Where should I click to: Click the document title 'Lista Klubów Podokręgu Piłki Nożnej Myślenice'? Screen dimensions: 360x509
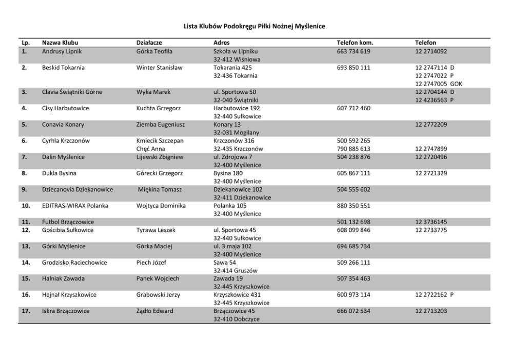click(254, 26)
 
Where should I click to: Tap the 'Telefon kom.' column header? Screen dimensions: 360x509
click(355, 43)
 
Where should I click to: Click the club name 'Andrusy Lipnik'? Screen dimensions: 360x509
click(62, 51)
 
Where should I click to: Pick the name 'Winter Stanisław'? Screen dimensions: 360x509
click(159, 68)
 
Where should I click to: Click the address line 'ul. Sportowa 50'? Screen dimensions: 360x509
click(234, 92)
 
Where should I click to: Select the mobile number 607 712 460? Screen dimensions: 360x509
click(353, 108)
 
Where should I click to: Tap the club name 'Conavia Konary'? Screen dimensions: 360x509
click(63, 125)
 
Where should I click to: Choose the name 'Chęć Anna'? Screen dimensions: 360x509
click(151, 149)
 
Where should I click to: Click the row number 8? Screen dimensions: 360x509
click(25, 173)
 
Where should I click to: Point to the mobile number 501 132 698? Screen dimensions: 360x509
click(353, 222)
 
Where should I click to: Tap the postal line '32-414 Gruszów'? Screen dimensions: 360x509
click(235, 270)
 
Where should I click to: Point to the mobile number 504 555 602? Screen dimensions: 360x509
click(353, 189)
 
